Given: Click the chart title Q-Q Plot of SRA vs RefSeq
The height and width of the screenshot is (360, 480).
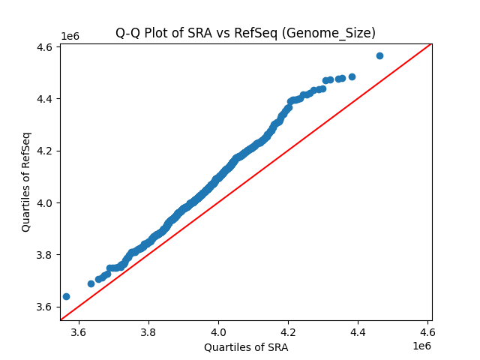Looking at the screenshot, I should click(245, 33).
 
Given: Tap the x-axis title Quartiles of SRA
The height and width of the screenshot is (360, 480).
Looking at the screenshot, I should click(245, 347).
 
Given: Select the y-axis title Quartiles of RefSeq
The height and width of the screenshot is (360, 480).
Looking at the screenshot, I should click(26, 181).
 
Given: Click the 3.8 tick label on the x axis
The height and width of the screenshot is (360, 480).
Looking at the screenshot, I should click(148, 331).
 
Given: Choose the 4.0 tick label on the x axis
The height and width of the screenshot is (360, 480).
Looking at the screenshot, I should click(218, 331).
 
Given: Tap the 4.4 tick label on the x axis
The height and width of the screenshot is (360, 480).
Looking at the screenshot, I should click(358, 331).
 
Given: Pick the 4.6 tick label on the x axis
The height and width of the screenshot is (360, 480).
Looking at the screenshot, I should click(427, 331).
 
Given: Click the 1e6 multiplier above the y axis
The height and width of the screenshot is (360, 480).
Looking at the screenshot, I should click(70, 37).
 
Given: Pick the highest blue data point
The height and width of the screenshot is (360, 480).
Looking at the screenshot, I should click(379, 55).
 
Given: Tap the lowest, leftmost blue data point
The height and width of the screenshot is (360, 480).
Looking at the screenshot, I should click(66, 296).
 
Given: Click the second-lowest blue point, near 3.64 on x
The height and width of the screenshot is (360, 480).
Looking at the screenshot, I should click(91, 283).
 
